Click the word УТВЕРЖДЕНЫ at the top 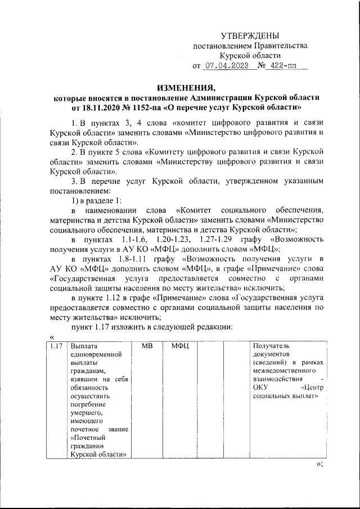(x=249, y=36)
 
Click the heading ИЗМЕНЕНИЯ (x=186, y=87)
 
